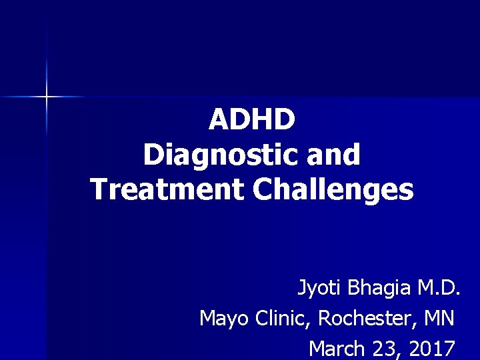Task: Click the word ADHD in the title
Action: [252, 120]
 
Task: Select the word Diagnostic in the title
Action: [211, 155]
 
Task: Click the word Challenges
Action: [333, 189]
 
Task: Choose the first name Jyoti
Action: [317, 289]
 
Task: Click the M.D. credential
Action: [439, 289]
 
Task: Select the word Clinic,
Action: [283, 319]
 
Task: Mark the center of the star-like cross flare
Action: [47, 97]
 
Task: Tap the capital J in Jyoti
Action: [301, 289]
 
